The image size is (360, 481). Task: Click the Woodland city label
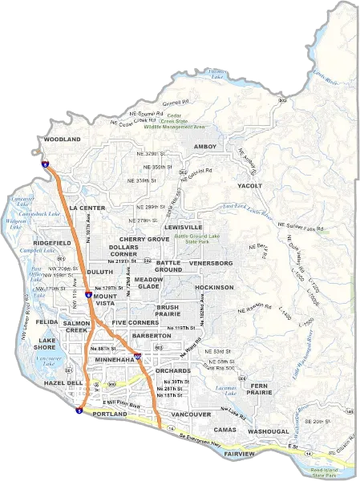point(63,139)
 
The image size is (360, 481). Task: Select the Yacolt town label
point(250,185)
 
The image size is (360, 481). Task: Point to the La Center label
point(87,208)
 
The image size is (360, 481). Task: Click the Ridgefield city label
point(52,242)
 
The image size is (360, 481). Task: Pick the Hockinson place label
point(214,286)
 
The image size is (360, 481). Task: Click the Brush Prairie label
point(168,310)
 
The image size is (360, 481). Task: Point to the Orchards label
point(173,371)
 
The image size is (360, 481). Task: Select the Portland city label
point(110,414)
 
